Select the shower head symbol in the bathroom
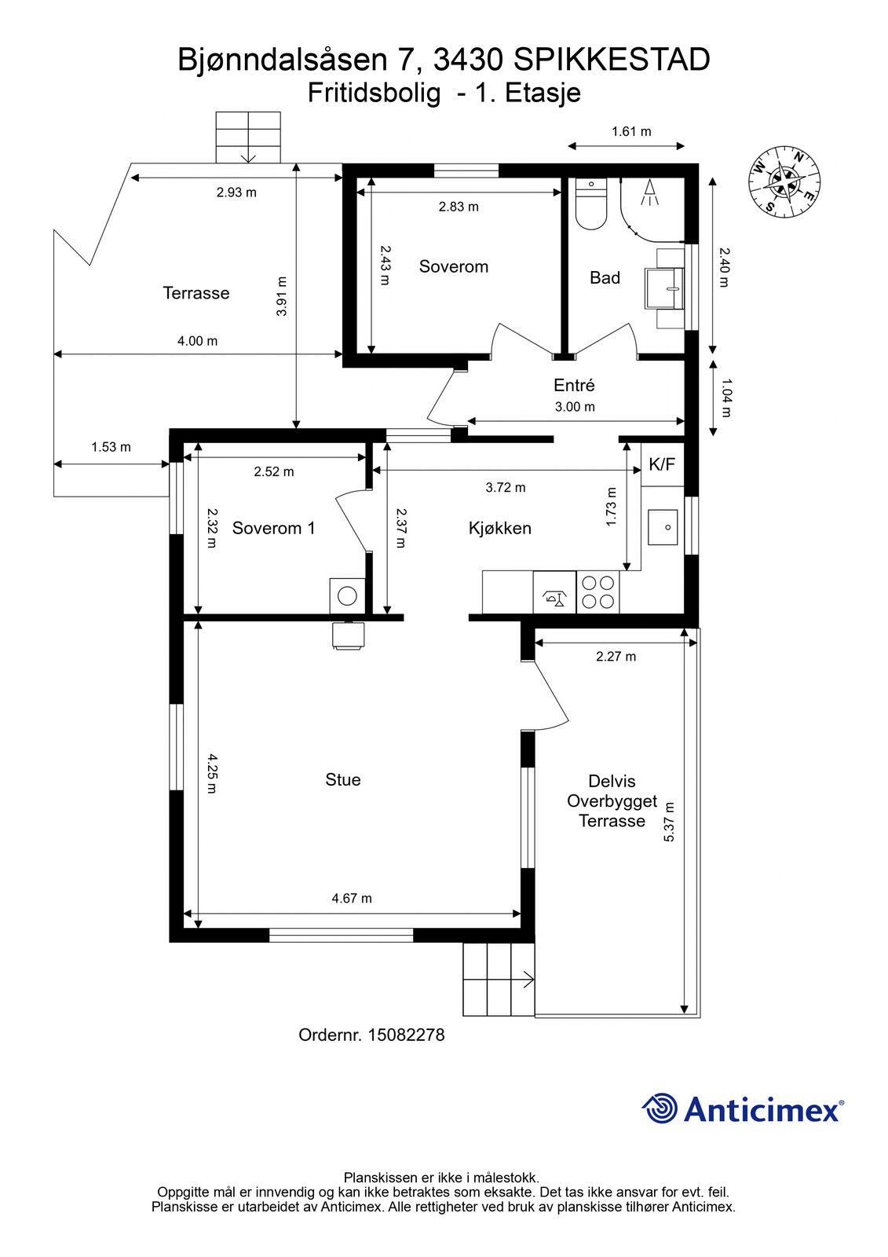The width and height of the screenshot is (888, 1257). click(649, 192)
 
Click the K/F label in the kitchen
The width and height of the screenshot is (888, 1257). click(662, 464)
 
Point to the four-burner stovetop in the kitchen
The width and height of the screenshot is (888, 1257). click(598, 592)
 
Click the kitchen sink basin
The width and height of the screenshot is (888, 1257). click(663, 527)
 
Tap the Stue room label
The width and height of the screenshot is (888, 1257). click(343, 779)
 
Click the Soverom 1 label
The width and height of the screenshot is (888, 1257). click(274, 528)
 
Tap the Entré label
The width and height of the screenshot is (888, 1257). click(574, 385)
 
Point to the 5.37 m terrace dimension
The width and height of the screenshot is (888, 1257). click(669, 823)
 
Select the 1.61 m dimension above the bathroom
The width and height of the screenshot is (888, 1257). click(631, 131)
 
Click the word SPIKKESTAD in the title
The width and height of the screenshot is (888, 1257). click(612, 60)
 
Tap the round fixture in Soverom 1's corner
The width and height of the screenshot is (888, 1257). click(347, 596)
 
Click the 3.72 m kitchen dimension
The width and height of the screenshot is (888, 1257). click(506, 488)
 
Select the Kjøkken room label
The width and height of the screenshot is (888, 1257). click(500, 528)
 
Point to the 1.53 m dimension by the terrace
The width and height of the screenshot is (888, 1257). click(111, 447)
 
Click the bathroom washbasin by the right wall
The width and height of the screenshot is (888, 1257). click(665, 288)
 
